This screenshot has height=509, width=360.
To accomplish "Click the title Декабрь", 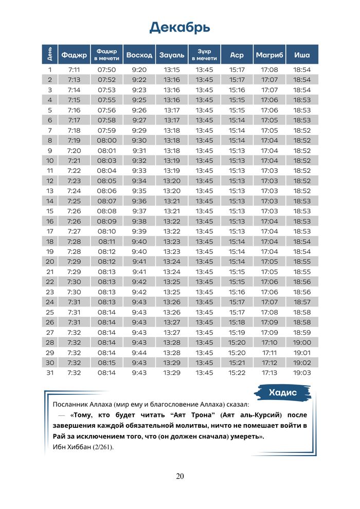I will click(x=179, y=27).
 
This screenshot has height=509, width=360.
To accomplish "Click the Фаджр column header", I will click(x=74, y=54).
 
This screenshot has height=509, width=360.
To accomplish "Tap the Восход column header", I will click(x=139, y=54).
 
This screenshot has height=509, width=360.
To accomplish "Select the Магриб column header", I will click(x=269, y=54).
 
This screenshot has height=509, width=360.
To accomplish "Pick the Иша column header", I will click(x=302, y=54).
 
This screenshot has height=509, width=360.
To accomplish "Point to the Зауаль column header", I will click(x=172, y=54).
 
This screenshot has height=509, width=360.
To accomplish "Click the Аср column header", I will click(x=237, y=54).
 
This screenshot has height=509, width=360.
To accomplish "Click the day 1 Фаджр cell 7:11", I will click(x=74, y=69).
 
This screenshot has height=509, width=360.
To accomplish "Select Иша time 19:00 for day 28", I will click(x=302, y=342).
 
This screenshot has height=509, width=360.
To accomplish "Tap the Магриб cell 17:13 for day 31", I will click(x=269, y=373).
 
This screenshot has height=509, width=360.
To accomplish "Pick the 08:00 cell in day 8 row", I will click(x=107, y=140).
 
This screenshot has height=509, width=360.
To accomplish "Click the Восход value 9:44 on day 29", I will click(x=139, y=353).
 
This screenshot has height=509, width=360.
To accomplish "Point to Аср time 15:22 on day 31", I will click(x=237, y=373).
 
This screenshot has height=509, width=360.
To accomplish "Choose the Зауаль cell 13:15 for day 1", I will click(x=172, y=69).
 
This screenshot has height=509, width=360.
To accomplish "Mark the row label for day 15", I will click(x=50, y=211).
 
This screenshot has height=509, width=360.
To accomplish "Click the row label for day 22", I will click(x=50, y=282).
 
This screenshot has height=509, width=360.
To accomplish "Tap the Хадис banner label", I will click(x=282, y=393).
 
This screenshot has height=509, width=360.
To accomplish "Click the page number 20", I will click(x=179, y=476).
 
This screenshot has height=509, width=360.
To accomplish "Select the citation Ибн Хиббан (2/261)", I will click(x=83, y=447).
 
